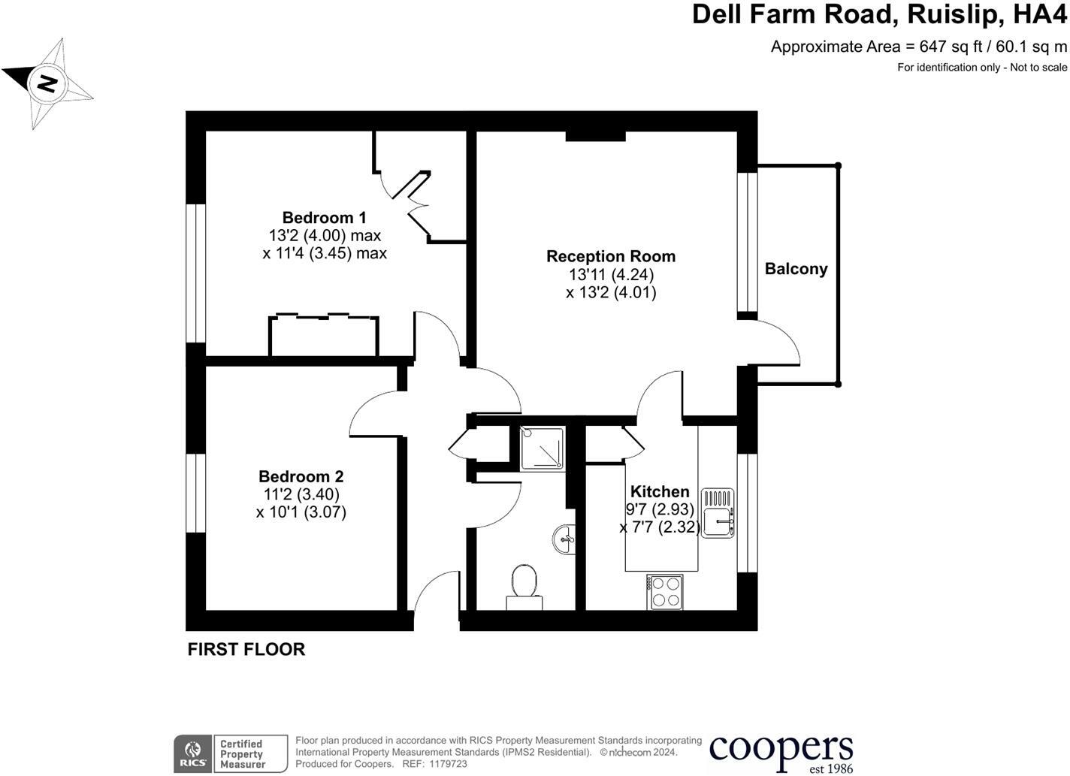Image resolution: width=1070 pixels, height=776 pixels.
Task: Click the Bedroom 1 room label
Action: point(324,218)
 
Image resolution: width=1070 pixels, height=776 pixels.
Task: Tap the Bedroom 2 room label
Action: point(301,476)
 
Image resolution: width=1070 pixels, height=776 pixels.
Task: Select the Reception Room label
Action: point(610,256)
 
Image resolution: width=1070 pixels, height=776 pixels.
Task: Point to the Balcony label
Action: point(796,269)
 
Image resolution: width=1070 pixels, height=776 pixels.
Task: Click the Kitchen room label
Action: point(659,491)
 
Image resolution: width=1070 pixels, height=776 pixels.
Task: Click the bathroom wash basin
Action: point(565,539)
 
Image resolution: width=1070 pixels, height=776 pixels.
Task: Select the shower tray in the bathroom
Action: point(542,448)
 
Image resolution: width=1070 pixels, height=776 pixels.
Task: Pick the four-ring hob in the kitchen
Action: point(665,591)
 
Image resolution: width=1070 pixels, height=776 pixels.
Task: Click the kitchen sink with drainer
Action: point(718,513)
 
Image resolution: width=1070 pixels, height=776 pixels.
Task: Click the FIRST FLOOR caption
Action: point(246,649)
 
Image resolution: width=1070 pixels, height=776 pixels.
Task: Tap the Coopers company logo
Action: point(781,750)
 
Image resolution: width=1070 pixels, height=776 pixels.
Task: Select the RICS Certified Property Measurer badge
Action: point(231,753)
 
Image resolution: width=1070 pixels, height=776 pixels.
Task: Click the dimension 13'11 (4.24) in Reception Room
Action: point(611,275)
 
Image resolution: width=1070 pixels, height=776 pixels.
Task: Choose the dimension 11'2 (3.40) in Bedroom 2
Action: point(301,494)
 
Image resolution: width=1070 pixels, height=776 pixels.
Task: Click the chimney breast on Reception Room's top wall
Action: point(595,136)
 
